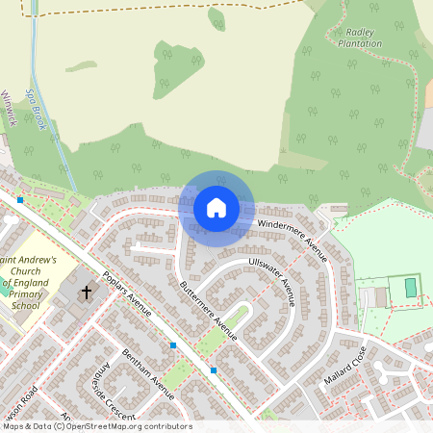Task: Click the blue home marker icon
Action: point(216,207)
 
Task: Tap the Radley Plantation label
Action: point(361,38)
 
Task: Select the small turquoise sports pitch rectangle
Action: point(411,287)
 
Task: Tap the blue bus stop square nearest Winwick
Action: point(20,199)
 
